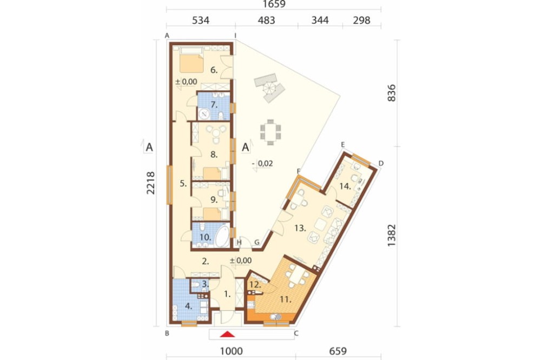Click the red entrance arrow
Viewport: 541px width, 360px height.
[x=227, y=334]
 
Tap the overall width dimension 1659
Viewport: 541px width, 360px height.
[x=274, y=4]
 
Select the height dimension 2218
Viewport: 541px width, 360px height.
[x=150, y=183]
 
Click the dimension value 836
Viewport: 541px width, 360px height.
[x=392, y=93]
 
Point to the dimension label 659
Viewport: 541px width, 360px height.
[x=338, y=351]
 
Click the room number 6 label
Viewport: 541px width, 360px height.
[x=214, y=70]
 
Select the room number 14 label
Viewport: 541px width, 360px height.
[x=345, y=186]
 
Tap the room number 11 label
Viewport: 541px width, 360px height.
[x=285, y=299]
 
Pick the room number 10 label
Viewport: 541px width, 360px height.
[x=205, y=237]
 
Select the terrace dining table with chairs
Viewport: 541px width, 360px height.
[x=270, y=132]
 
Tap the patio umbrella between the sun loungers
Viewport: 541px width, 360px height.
[x=269, y=88]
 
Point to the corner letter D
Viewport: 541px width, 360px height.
[x=381, y=163]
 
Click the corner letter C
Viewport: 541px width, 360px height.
[x=296, y=334]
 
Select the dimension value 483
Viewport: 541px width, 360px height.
[x=266, y=21]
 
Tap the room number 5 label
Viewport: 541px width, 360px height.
[x=183, y=184]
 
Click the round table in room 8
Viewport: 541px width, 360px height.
[x=216, y=133]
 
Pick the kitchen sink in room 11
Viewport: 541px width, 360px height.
[x=276, y=317]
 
